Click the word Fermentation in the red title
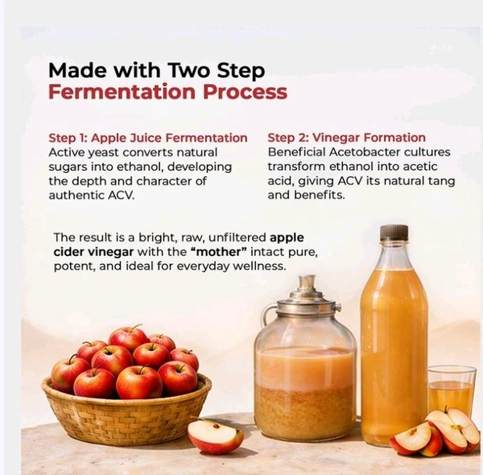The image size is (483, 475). [x=122, y=92]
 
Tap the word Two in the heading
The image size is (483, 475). [x=188, y=70]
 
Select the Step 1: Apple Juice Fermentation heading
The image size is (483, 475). [x=148, y=138]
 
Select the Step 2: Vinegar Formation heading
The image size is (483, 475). [x=346, y=138]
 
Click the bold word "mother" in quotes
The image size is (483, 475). [x=219, y=252]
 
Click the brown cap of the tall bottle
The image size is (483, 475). [x=394, y=233]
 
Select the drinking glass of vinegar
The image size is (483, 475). [x=451, y=390]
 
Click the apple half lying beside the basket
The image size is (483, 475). [x=215, y=436]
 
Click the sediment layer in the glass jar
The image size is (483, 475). [x=305, y=408]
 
